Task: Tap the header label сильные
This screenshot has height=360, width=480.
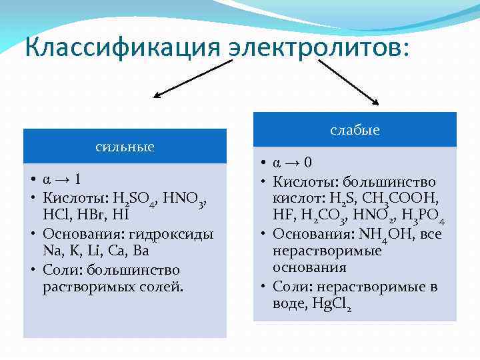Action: pos(125,146)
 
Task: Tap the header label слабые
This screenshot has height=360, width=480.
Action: pos(355,130)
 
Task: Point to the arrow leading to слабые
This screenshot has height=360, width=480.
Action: pos(347,81)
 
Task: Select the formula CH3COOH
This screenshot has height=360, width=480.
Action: pos(402,199)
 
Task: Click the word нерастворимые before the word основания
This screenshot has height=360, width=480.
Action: pos(327,251)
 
